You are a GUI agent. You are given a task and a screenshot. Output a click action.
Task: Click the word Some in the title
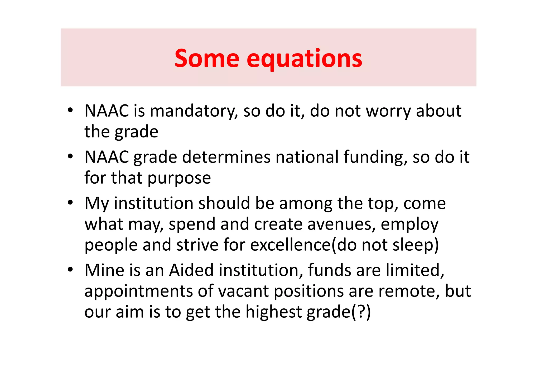click(207, 58)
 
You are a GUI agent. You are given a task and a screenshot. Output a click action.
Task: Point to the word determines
click(226, 157)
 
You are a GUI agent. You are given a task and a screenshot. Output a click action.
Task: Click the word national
click(307, 157)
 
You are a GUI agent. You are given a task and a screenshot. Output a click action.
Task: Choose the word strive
click(197, 245)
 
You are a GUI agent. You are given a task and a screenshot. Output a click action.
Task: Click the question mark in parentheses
click(360, 312)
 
